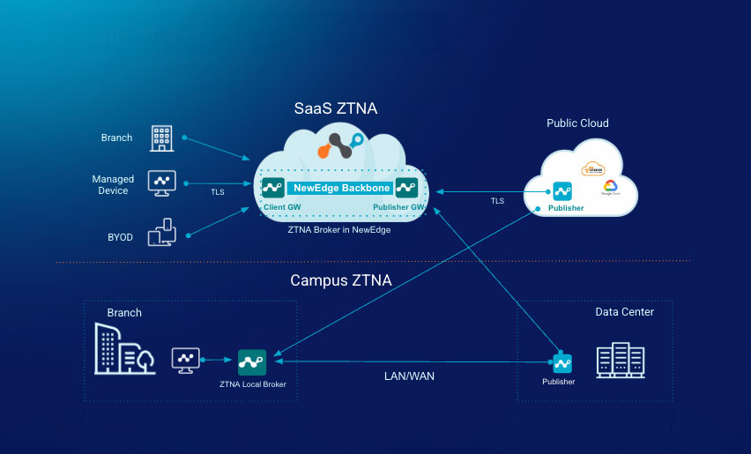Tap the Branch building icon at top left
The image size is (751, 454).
pyautogui.click(x=161, y=137)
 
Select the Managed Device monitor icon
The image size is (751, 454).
pyautogui.click(x=161, y=183)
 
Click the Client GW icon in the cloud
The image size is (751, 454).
pyautogui.click(x=272, y=187)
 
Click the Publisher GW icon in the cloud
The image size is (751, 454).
pyautogui.click(x=406, y=187)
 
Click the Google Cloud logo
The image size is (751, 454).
pyautogui.click(x=609, y=188)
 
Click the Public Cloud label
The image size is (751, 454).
pyautogui.click(x=577, y=123)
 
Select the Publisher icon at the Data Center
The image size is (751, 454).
pyautogui.click(x=560, y=362)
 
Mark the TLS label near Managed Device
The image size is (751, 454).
pyautogui.click(x=217, y=191)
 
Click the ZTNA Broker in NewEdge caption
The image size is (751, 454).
pyautogui.click(x=338, y=229)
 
